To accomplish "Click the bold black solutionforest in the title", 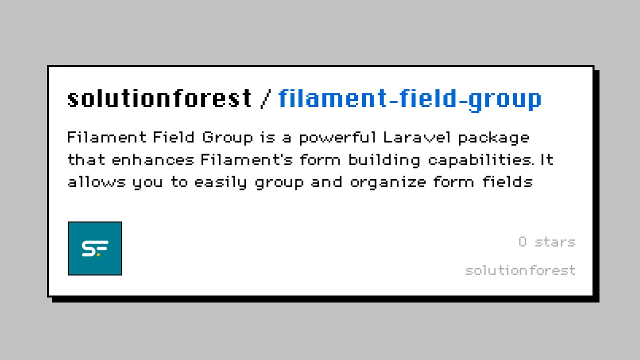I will [159, 98].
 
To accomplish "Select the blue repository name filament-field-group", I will [410, 99].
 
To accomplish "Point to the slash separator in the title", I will [265, 98].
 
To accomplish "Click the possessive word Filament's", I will [246, 160].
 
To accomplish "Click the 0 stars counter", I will [546, 242].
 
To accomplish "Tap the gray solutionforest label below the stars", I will [520, 270].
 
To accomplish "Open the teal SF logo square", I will [95, 248].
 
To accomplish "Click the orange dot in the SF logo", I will [98, 254].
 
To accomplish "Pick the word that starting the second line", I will [86, 160].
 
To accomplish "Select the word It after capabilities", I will [546, 160].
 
